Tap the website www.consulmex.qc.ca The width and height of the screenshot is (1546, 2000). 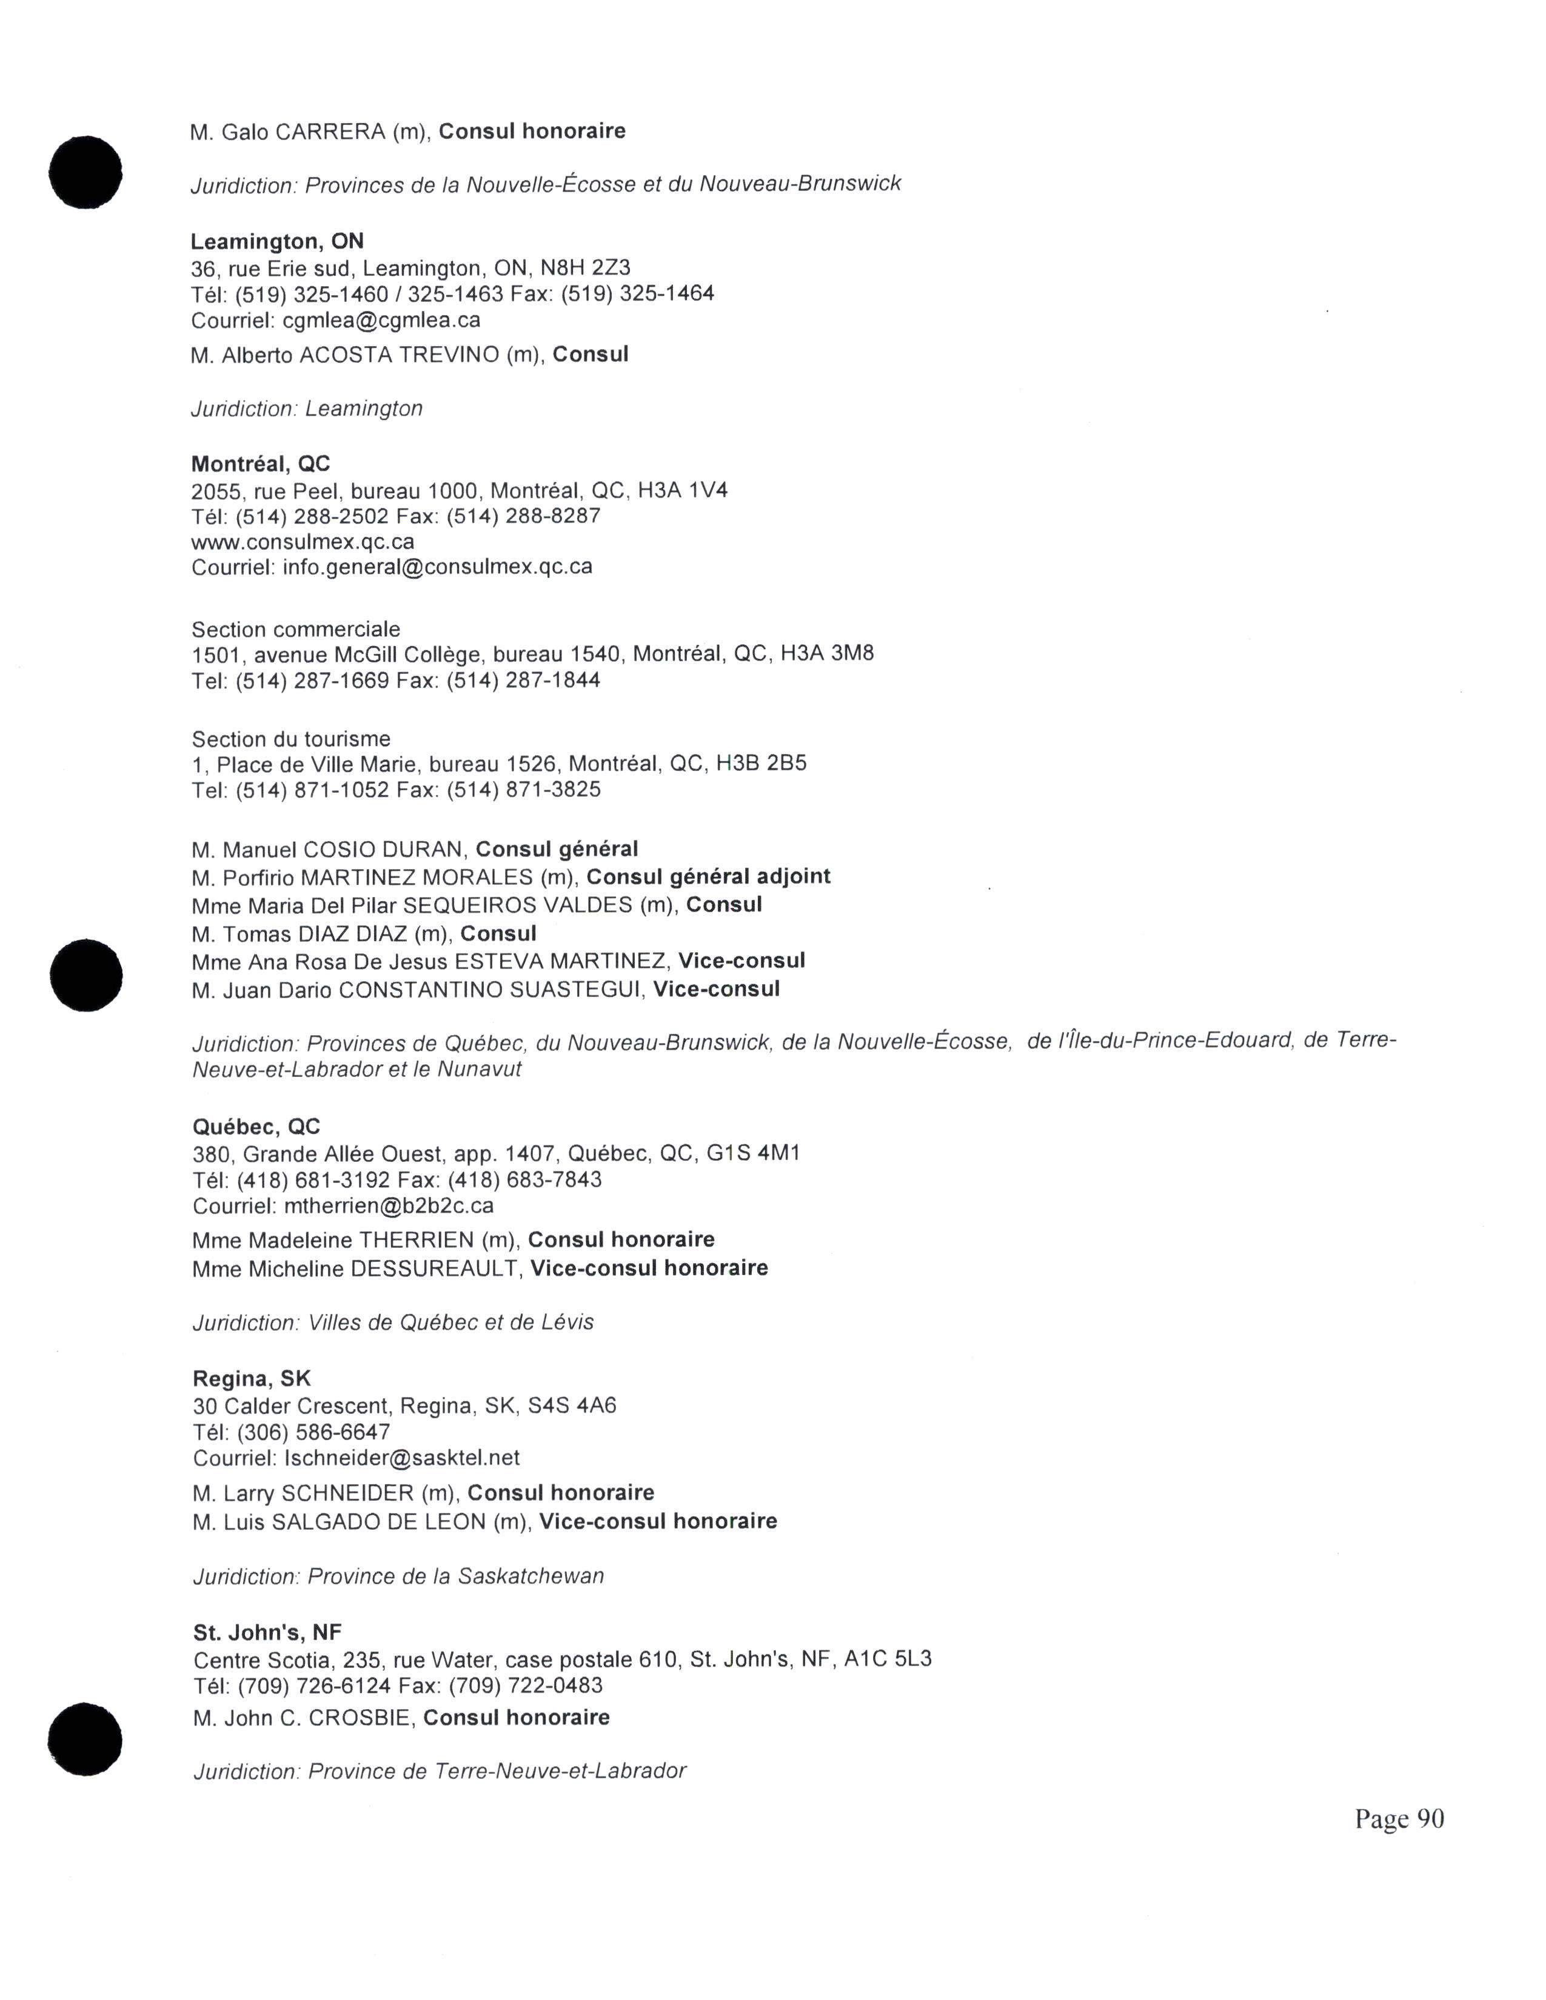pos(303,541)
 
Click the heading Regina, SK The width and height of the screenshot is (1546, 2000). pos(252,1378)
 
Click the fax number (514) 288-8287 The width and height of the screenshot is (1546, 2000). pos(523,516)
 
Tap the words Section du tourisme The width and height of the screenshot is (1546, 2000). pos(290,739)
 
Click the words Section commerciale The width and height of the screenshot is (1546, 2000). pos(296,629)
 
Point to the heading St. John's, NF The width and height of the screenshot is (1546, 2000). pos(267,1632)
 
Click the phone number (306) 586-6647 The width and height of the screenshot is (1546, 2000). pos(313,1432)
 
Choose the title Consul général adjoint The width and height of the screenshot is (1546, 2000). pos(708,876)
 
